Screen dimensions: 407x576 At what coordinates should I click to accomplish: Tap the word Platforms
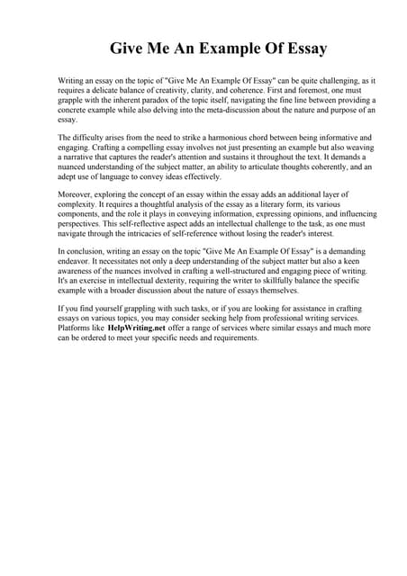click(75, 329)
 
